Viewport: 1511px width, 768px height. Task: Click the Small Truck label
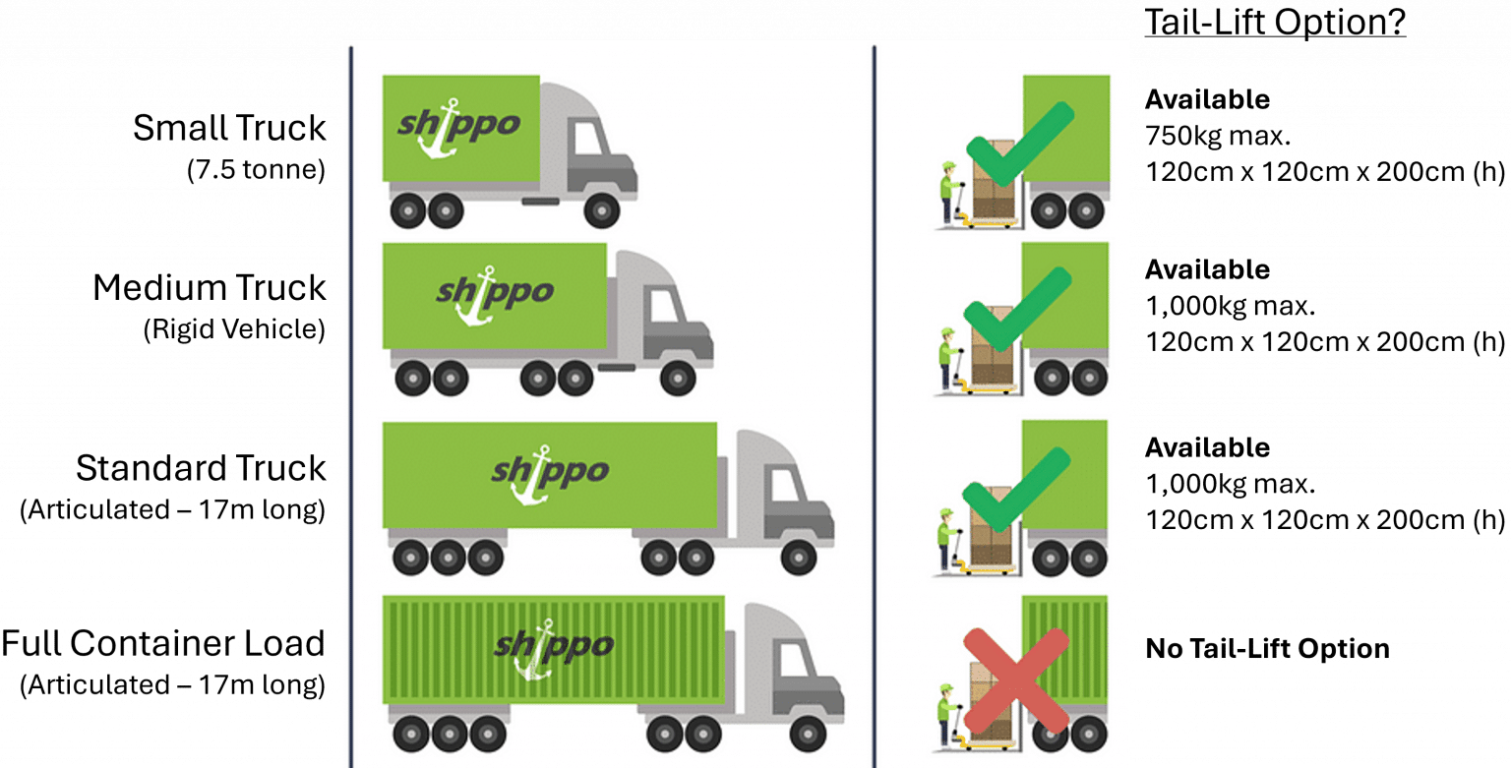tap(229, 128)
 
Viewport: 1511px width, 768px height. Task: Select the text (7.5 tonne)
tap(255, 170)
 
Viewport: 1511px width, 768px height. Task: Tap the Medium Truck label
tap(209, 288)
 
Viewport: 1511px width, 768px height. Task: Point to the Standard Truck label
tap(201, 468)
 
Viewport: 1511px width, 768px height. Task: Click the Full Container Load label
tap(162, 644)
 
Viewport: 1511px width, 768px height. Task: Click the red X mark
tap(1015, 681)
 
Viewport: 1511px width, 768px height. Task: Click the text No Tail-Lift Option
tap(1267, 649)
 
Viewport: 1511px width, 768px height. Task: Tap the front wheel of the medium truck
tap(677, 379)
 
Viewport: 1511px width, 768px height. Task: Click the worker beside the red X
tap(946, 692)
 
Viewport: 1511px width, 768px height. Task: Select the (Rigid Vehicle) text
tap(234, 330)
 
